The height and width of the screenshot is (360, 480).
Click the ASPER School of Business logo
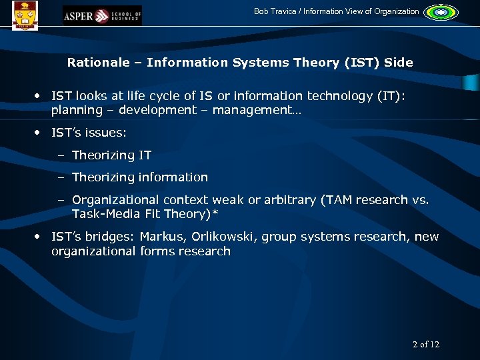(x=102, y=15)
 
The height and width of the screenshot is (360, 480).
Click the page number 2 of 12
(x=426, y=344)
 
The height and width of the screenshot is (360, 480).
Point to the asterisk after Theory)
(x=215, y=213)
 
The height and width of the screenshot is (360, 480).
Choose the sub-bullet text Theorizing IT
(x=111, y=155)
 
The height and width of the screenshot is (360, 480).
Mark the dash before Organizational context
(x=61, y=200)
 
